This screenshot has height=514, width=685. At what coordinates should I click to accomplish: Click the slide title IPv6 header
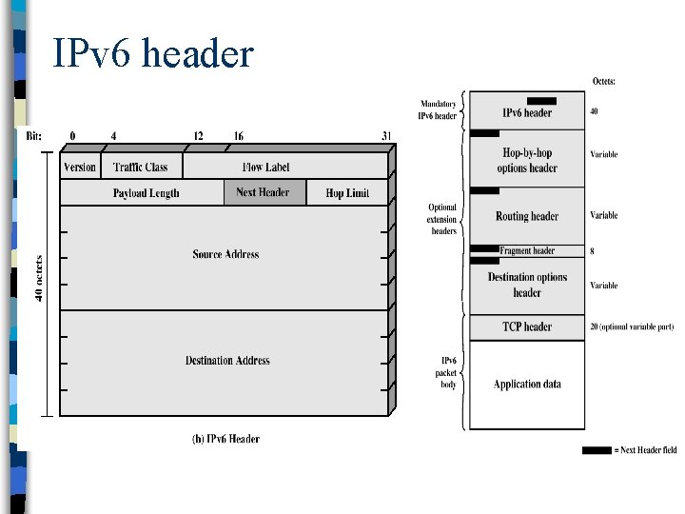pyautogui.click(x=153, y=53)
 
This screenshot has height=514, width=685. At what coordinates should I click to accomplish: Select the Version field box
pyautogui.click(x=80, y=167)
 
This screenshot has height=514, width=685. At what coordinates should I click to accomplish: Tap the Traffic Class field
pyautogui.click(x=140, y=167)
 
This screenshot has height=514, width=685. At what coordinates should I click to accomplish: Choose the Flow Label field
pyautogui.click(x=265, y=167)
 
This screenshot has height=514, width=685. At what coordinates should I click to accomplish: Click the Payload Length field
pyautogui.click(x=146, y=192)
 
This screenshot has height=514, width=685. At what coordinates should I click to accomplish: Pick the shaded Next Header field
pyautogui.click(x=264, y=192)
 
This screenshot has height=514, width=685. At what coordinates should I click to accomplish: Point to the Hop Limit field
pyautogui.click(x=347, y=192)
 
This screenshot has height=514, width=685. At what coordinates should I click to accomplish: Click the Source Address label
pyautogui.click(x=225, y=254)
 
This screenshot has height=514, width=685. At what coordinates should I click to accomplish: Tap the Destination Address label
pyautogui.click(x=227, y=361)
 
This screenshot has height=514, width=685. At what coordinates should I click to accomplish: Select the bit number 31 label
pyautogui.click(x=386, y=137)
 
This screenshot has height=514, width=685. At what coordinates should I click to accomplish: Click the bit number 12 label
pyautogui.click(x=198, y=137)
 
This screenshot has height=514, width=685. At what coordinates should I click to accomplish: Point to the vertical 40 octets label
pyautogui.click(x=39, y=277)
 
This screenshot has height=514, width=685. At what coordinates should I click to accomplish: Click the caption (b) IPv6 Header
pyautogui.click(x=225, y=439)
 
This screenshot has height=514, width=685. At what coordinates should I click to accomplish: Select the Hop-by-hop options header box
pyautogui.click(x=527, y=160)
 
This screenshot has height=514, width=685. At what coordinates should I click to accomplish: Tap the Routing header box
pyautogui.click(x=527, y=216)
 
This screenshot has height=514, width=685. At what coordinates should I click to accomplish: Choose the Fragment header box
pyautogui.click(x=527, y=251)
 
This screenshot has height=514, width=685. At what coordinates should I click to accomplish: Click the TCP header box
pyautogui.click(x=527, y=326)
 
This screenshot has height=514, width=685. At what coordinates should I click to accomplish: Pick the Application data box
pyautogui.click(x=527, y=385)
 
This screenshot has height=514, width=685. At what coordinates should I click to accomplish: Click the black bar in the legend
pyautogui.click(x=597, y=449)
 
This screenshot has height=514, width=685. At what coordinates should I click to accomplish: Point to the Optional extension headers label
pyautogui.click(x=441, y=219)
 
